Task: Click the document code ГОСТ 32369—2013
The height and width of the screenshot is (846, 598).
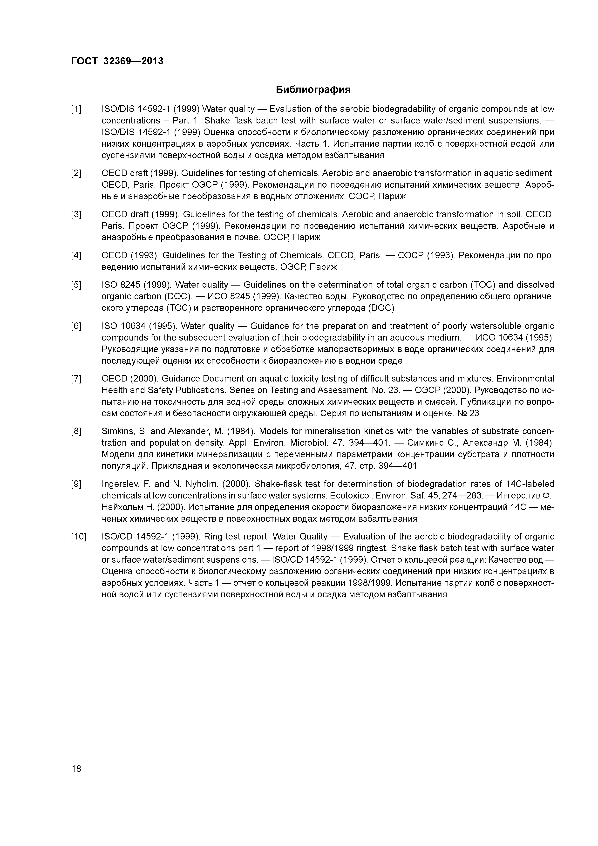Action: click(x=117, y=61)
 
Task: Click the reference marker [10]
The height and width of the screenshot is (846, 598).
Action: click(x=78, y=537)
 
